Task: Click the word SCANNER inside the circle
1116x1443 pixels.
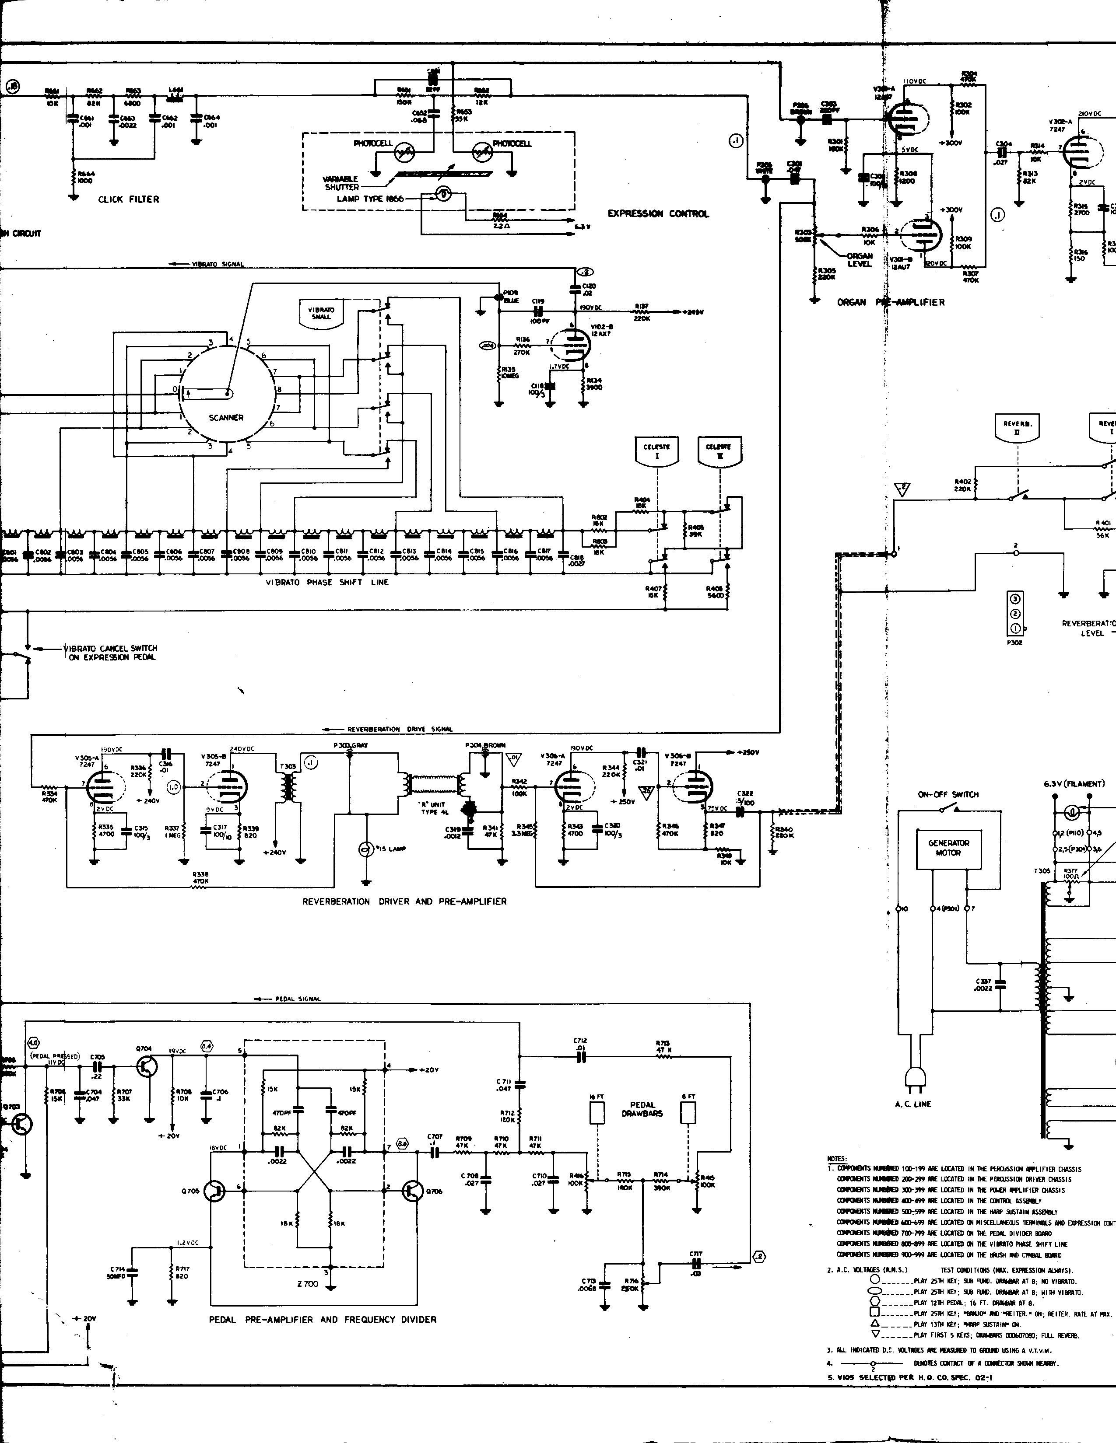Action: point(226,418)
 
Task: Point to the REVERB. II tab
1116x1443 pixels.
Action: point(1018,427)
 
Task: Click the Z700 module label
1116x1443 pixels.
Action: point(308,1284)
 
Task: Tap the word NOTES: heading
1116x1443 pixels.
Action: point(837,1159)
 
